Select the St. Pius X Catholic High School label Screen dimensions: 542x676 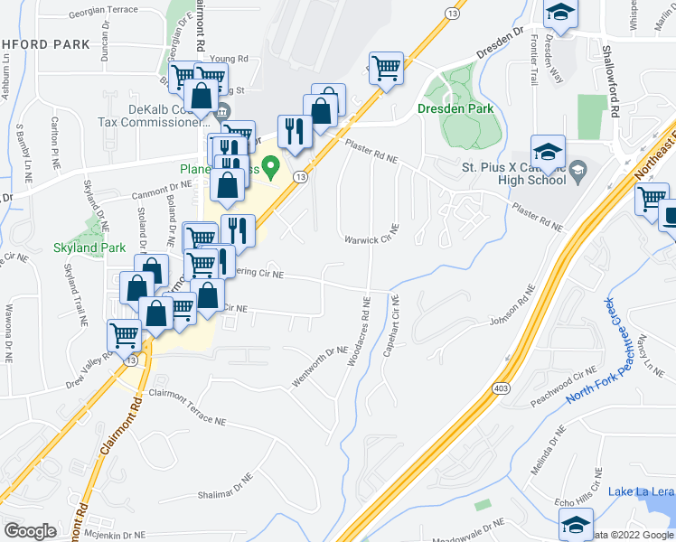pos(513,173)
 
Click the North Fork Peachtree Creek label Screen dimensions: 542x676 pos(590,351)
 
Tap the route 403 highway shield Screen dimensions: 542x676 pos(502,388)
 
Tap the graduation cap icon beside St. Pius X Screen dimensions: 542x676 pos(548,151)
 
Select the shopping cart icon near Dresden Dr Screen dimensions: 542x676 pos(387,68)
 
